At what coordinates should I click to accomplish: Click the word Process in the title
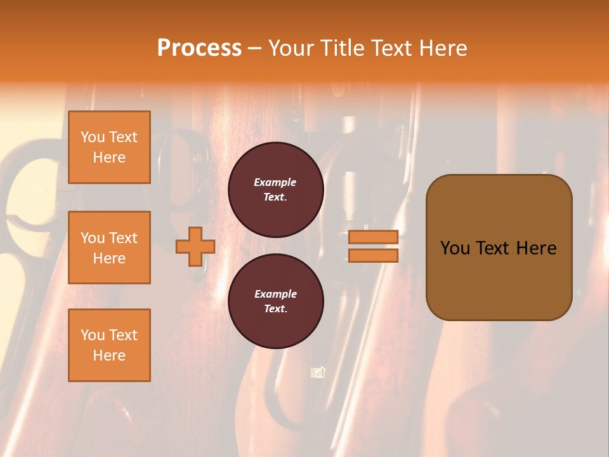click(x=199, y=48)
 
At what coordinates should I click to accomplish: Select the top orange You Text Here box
click(x=109, y=147)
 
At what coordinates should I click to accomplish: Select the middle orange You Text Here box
click(x=109, y=248)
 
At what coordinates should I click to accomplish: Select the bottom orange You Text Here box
click(x=109, y=345)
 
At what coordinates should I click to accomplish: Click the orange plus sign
click(x=195, y=246)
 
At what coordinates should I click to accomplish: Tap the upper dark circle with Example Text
click(x=276, y=190)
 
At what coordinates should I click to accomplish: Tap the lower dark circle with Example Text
click(x=276, y=301)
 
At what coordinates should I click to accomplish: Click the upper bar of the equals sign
click(x=374, y=237)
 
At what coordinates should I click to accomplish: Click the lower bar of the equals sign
click(x=374, y=255)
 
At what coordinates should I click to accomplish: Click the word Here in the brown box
click(x=536, y=248)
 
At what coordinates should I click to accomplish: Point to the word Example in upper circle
click(x=275, y=182)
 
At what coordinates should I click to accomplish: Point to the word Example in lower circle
click(x=275, y=294)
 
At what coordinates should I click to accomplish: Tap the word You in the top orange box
click(x=93, y=137)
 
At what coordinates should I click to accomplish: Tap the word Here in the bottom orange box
click(x=109, y=355)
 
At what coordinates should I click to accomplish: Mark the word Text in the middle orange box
click(x=122, y=238)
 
